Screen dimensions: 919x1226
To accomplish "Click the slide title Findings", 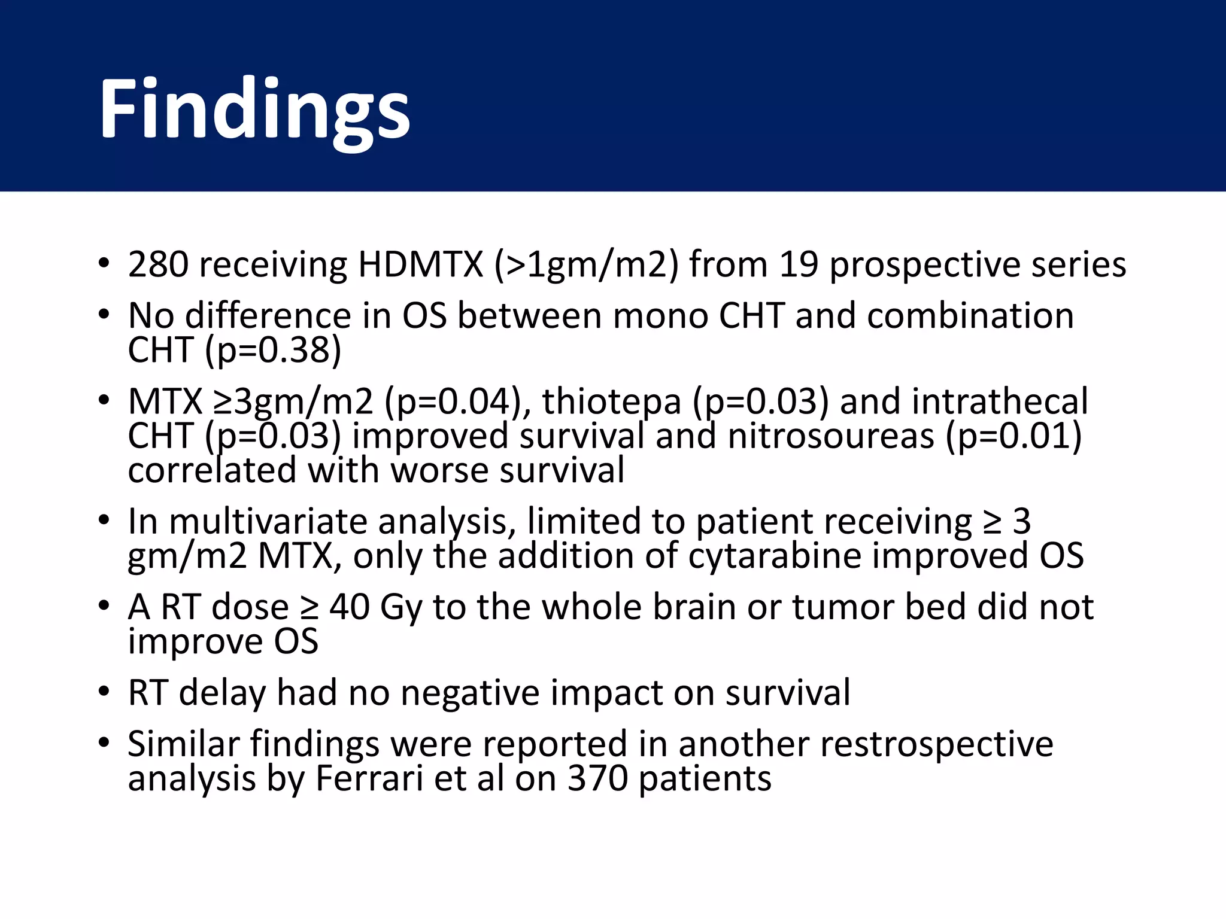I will click(x=254, y=111).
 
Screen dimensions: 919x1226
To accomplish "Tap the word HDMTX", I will click(x=420, y=264).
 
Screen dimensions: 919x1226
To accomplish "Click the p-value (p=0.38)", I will click(x=273, y=350).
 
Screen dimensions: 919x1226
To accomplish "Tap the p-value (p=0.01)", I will click(x=1013, y=436).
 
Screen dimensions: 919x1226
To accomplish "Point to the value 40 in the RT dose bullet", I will click(x=349, y=607).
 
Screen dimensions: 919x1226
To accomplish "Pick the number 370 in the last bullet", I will click(x=597, y=778).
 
